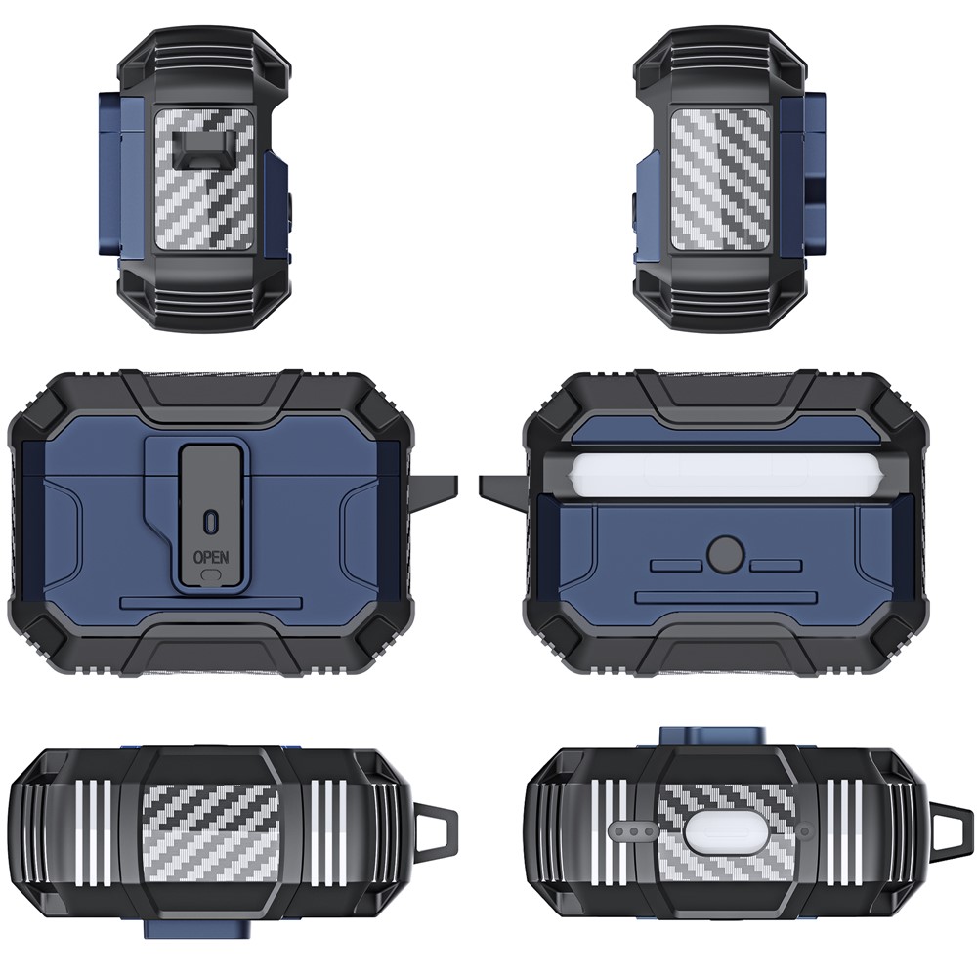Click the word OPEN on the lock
[211, 556]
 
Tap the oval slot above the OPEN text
[211, 521]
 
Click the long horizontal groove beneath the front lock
[211, 603]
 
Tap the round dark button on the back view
[726, 553]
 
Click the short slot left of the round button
[677, 565]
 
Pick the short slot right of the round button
[776, 565]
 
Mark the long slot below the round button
[726, 598]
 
